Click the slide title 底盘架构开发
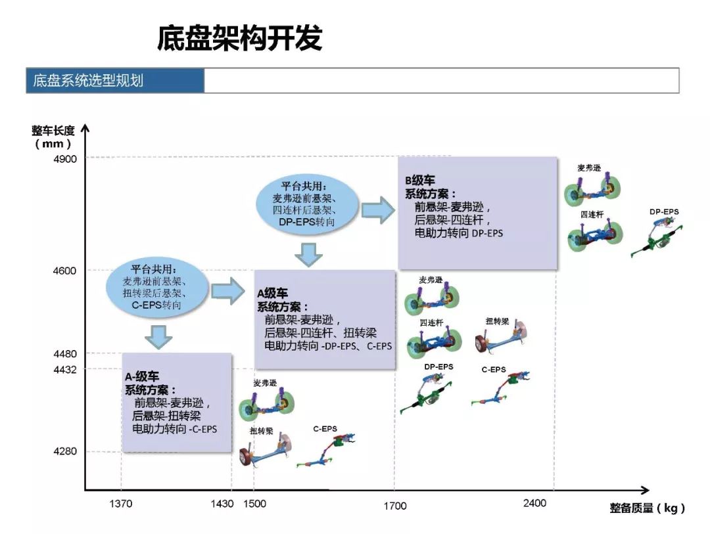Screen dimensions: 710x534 239,37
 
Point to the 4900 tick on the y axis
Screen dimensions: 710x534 65,159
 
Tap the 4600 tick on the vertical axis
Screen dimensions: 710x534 64,271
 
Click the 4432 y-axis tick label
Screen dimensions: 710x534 65,370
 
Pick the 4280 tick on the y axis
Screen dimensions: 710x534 65,451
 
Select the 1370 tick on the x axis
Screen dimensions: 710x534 121,504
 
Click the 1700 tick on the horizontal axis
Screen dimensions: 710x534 395,506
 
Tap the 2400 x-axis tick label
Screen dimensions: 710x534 534,503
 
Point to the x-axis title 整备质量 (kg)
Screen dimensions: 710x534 647,508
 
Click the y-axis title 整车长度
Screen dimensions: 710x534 53,131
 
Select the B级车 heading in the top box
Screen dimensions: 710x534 419,181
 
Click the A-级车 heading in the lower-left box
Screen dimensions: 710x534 142,376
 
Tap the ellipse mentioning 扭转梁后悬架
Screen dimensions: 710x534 157,287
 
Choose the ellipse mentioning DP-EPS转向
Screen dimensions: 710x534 307,204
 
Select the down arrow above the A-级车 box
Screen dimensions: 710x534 158,337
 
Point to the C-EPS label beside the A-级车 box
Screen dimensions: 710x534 325,428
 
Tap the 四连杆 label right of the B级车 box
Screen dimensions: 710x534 592,215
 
